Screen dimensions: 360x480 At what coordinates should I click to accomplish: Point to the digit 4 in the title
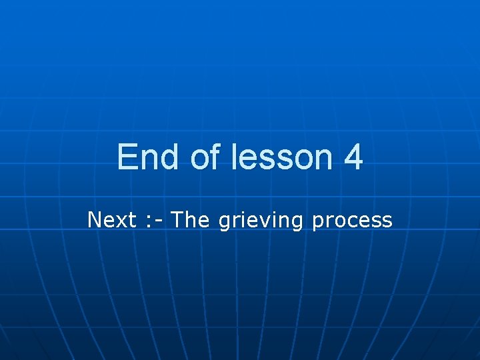pyautogui.click(x=353, y=158)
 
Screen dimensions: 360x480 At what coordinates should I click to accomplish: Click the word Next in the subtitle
pyautogui.click(x=112, y=219)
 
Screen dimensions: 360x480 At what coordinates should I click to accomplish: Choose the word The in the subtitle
pyautogui.click(x=191, y=219)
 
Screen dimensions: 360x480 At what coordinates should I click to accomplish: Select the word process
pyautogui.click(x=352, y=221)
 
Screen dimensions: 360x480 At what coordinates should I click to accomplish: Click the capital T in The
pyautogui.click(x=178, y=219)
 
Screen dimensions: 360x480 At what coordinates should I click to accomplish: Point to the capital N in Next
pyautogui.click(x=94, y=219)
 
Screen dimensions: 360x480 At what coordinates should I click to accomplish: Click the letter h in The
pyautogui.click(x=190, y=219)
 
